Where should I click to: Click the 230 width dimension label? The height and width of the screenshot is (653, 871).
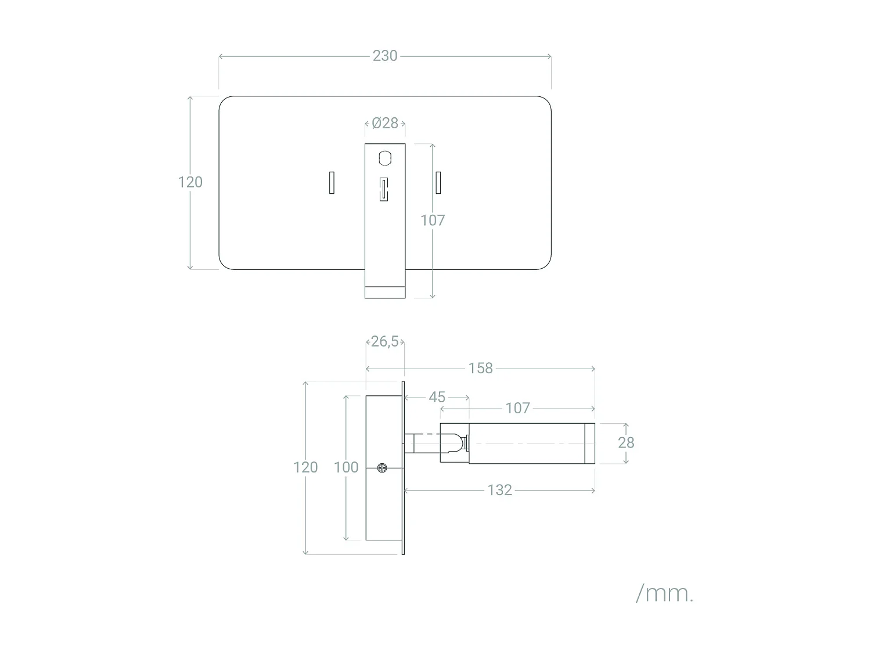[x=385, y=56]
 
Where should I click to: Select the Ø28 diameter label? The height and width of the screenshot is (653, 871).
[x=385, y=123]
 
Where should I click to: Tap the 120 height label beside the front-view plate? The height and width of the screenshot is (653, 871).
[x=190, y=182]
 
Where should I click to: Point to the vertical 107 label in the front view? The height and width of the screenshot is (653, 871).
[x=433, y=221]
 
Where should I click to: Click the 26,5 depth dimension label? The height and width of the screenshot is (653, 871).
[x=385, y=341]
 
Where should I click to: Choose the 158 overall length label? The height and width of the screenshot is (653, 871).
[x=480, y=368]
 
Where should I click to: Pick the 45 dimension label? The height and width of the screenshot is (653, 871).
[x=437, y=397]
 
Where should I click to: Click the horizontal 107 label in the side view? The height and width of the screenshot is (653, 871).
[x=517, y=408]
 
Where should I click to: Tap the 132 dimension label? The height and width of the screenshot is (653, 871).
[x=499, y=490]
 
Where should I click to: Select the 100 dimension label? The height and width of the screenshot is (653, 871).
[x=346, y=467]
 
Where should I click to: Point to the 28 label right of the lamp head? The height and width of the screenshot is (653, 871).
[x=626, y=443]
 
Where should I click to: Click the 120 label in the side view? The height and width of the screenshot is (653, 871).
[x=305, y=467]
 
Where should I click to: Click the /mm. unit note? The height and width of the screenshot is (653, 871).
[x=665, y=594]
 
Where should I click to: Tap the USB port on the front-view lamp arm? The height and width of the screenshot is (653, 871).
[x=383, y=189]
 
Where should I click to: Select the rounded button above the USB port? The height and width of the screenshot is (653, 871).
[x=385, y=158]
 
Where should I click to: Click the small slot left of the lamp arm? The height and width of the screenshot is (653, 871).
[x=332, y=182]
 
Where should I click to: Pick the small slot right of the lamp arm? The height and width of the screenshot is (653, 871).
[x=438, y=182]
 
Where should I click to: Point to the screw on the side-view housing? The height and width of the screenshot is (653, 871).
[x=382, y=468]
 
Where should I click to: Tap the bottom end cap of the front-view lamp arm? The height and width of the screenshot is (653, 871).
[x=385, y=293]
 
